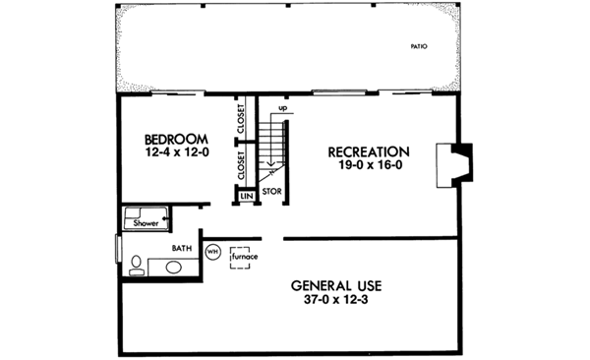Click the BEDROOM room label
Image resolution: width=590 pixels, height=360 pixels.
point(174,140)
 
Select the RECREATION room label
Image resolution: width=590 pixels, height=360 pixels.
point(368,151)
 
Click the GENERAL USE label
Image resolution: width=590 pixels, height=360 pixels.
point(336,286)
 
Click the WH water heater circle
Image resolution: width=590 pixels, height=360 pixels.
point(212,251)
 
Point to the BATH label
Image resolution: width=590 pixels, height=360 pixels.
point(181,248)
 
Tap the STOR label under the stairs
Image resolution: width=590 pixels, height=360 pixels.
point(272,190)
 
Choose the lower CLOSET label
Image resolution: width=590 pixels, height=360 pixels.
point(241,163)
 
